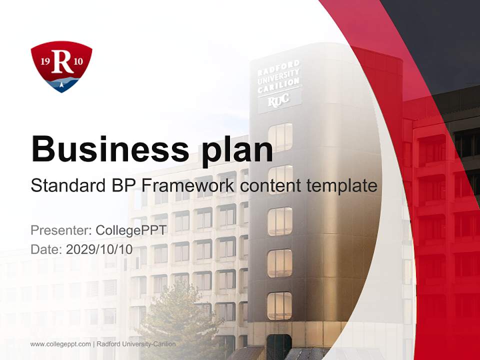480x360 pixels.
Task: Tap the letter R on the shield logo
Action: point(62,62)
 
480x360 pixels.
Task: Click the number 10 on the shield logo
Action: point(78,62)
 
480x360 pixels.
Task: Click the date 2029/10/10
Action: point(99,249)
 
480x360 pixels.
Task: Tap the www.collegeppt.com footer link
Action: point(60,344)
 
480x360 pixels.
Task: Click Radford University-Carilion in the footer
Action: point(136,344)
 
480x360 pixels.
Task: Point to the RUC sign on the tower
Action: point(278,100)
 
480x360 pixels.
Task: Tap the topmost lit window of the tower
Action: point(280,136)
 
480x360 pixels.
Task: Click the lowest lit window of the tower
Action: point(279,305)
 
